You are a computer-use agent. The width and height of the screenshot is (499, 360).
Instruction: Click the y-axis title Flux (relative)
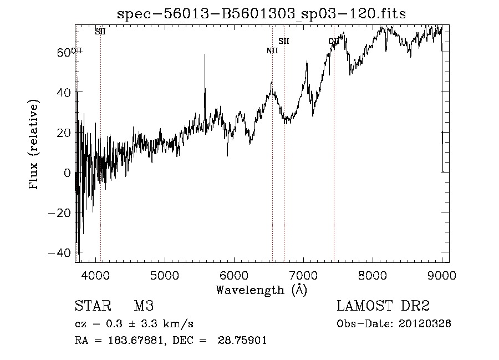(34, 145)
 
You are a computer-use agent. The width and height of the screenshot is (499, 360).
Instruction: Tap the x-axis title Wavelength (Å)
(261, 290)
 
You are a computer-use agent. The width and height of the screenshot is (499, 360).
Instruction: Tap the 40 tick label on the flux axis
(64, 92)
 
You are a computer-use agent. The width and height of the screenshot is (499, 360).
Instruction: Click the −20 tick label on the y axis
(59, 212)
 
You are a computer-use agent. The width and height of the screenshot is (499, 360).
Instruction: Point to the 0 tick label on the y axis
(67, 173)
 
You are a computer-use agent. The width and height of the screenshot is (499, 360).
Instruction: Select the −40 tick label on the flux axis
(59, 253)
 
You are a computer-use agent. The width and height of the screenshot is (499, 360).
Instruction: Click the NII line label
(272, 51)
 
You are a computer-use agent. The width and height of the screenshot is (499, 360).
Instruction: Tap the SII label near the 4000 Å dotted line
(100, 32)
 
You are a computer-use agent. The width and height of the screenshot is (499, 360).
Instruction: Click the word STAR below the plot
(89, 306)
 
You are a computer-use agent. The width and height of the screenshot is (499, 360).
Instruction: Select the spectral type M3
(144, 306)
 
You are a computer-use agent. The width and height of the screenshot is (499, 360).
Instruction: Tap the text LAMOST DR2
(383, 306)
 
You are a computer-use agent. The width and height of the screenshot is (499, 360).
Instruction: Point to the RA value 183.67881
(139, 341)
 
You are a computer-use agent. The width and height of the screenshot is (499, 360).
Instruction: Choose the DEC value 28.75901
(244, 341)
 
